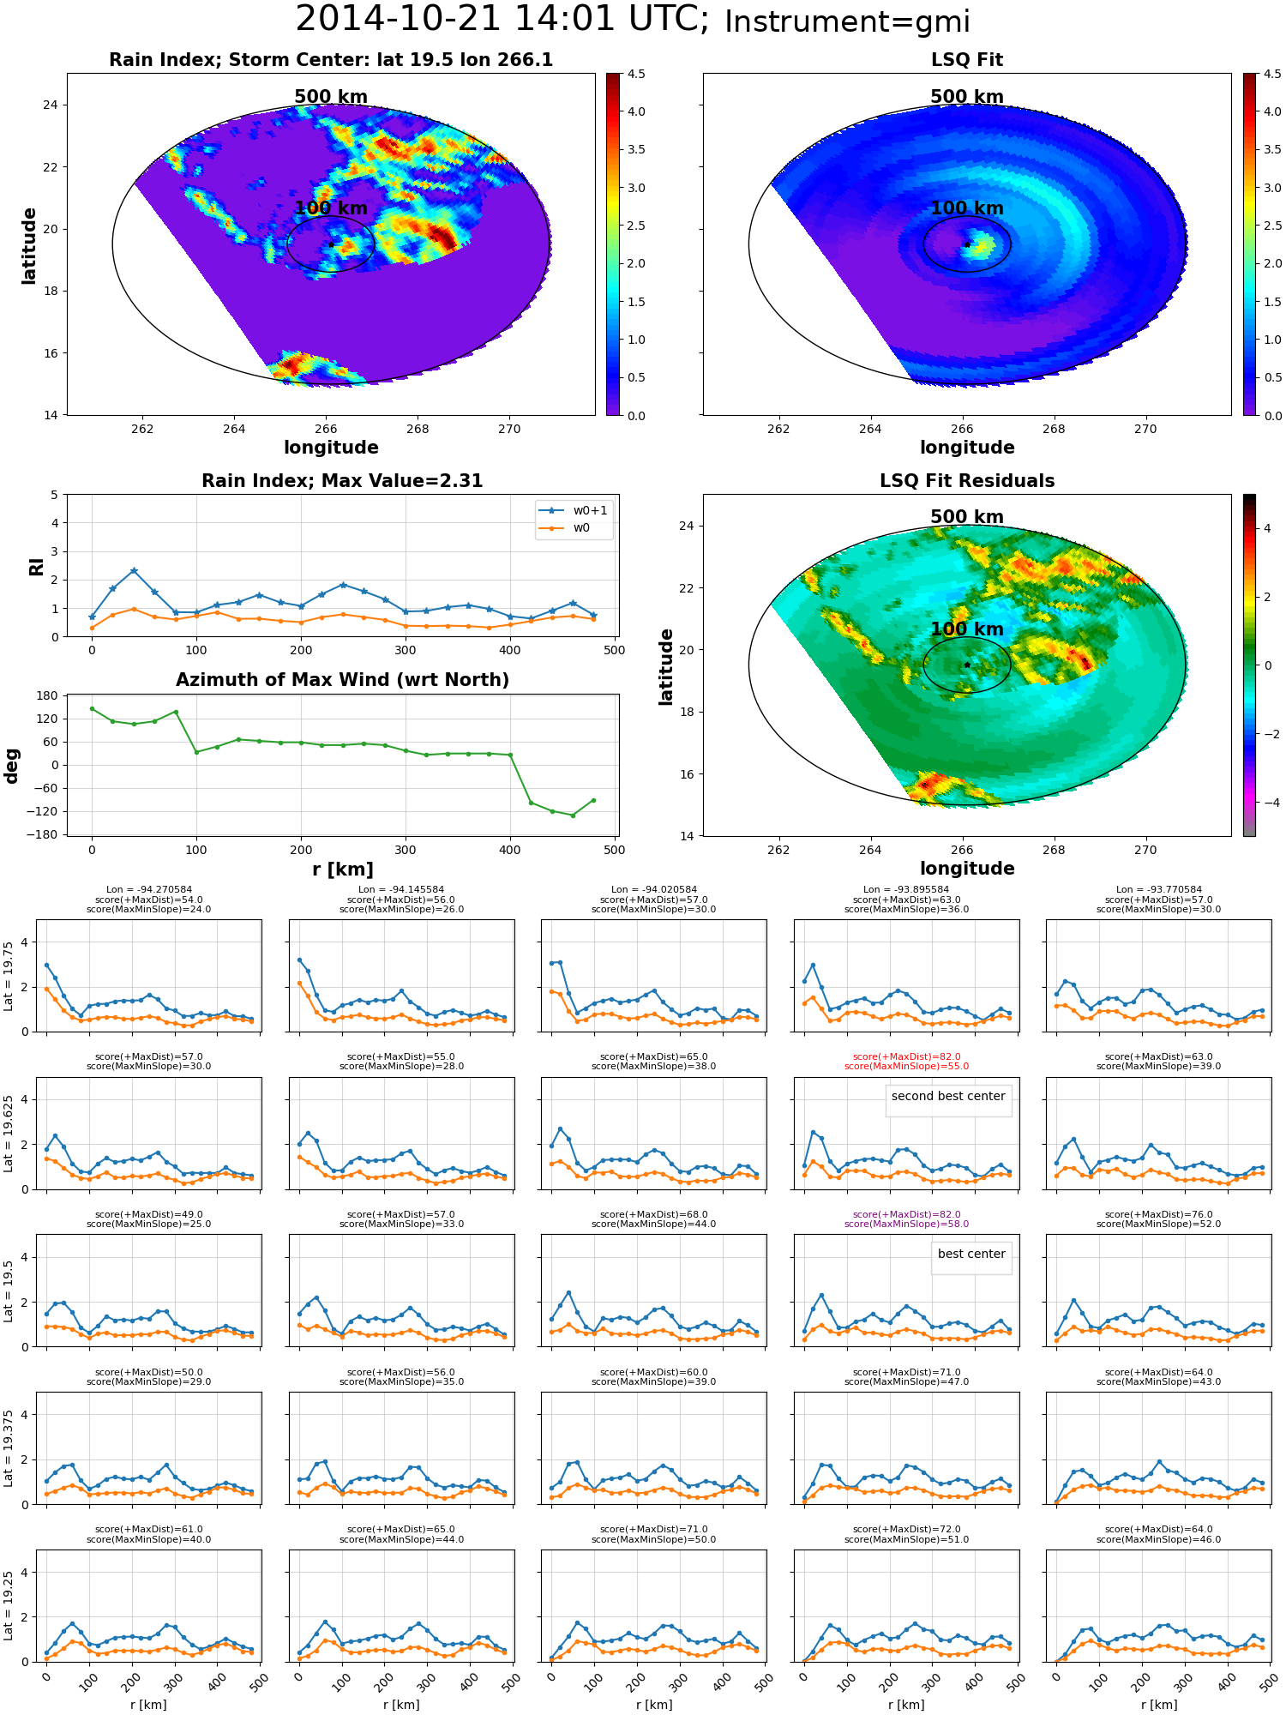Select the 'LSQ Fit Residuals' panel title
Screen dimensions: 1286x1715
coord(967,481)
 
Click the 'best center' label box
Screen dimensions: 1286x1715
coord(971,1254)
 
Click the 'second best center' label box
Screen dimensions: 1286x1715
coord(948,1096)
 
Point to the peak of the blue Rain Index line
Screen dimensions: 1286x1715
coord(134,570)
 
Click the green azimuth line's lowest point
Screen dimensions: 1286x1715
coord(573,815)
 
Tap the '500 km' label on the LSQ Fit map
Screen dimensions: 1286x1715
coord(967,97)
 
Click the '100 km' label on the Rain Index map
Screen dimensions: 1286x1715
coord(331,208)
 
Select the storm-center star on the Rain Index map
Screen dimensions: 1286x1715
coord(331,244)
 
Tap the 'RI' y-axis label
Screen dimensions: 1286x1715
coord(36,566)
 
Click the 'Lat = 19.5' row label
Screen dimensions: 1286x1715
coord(9,1291)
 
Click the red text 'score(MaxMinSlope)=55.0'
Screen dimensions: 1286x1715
coord(906,1067)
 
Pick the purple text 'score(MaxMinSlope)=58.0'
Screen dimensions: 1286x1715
coord(906,1225)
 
